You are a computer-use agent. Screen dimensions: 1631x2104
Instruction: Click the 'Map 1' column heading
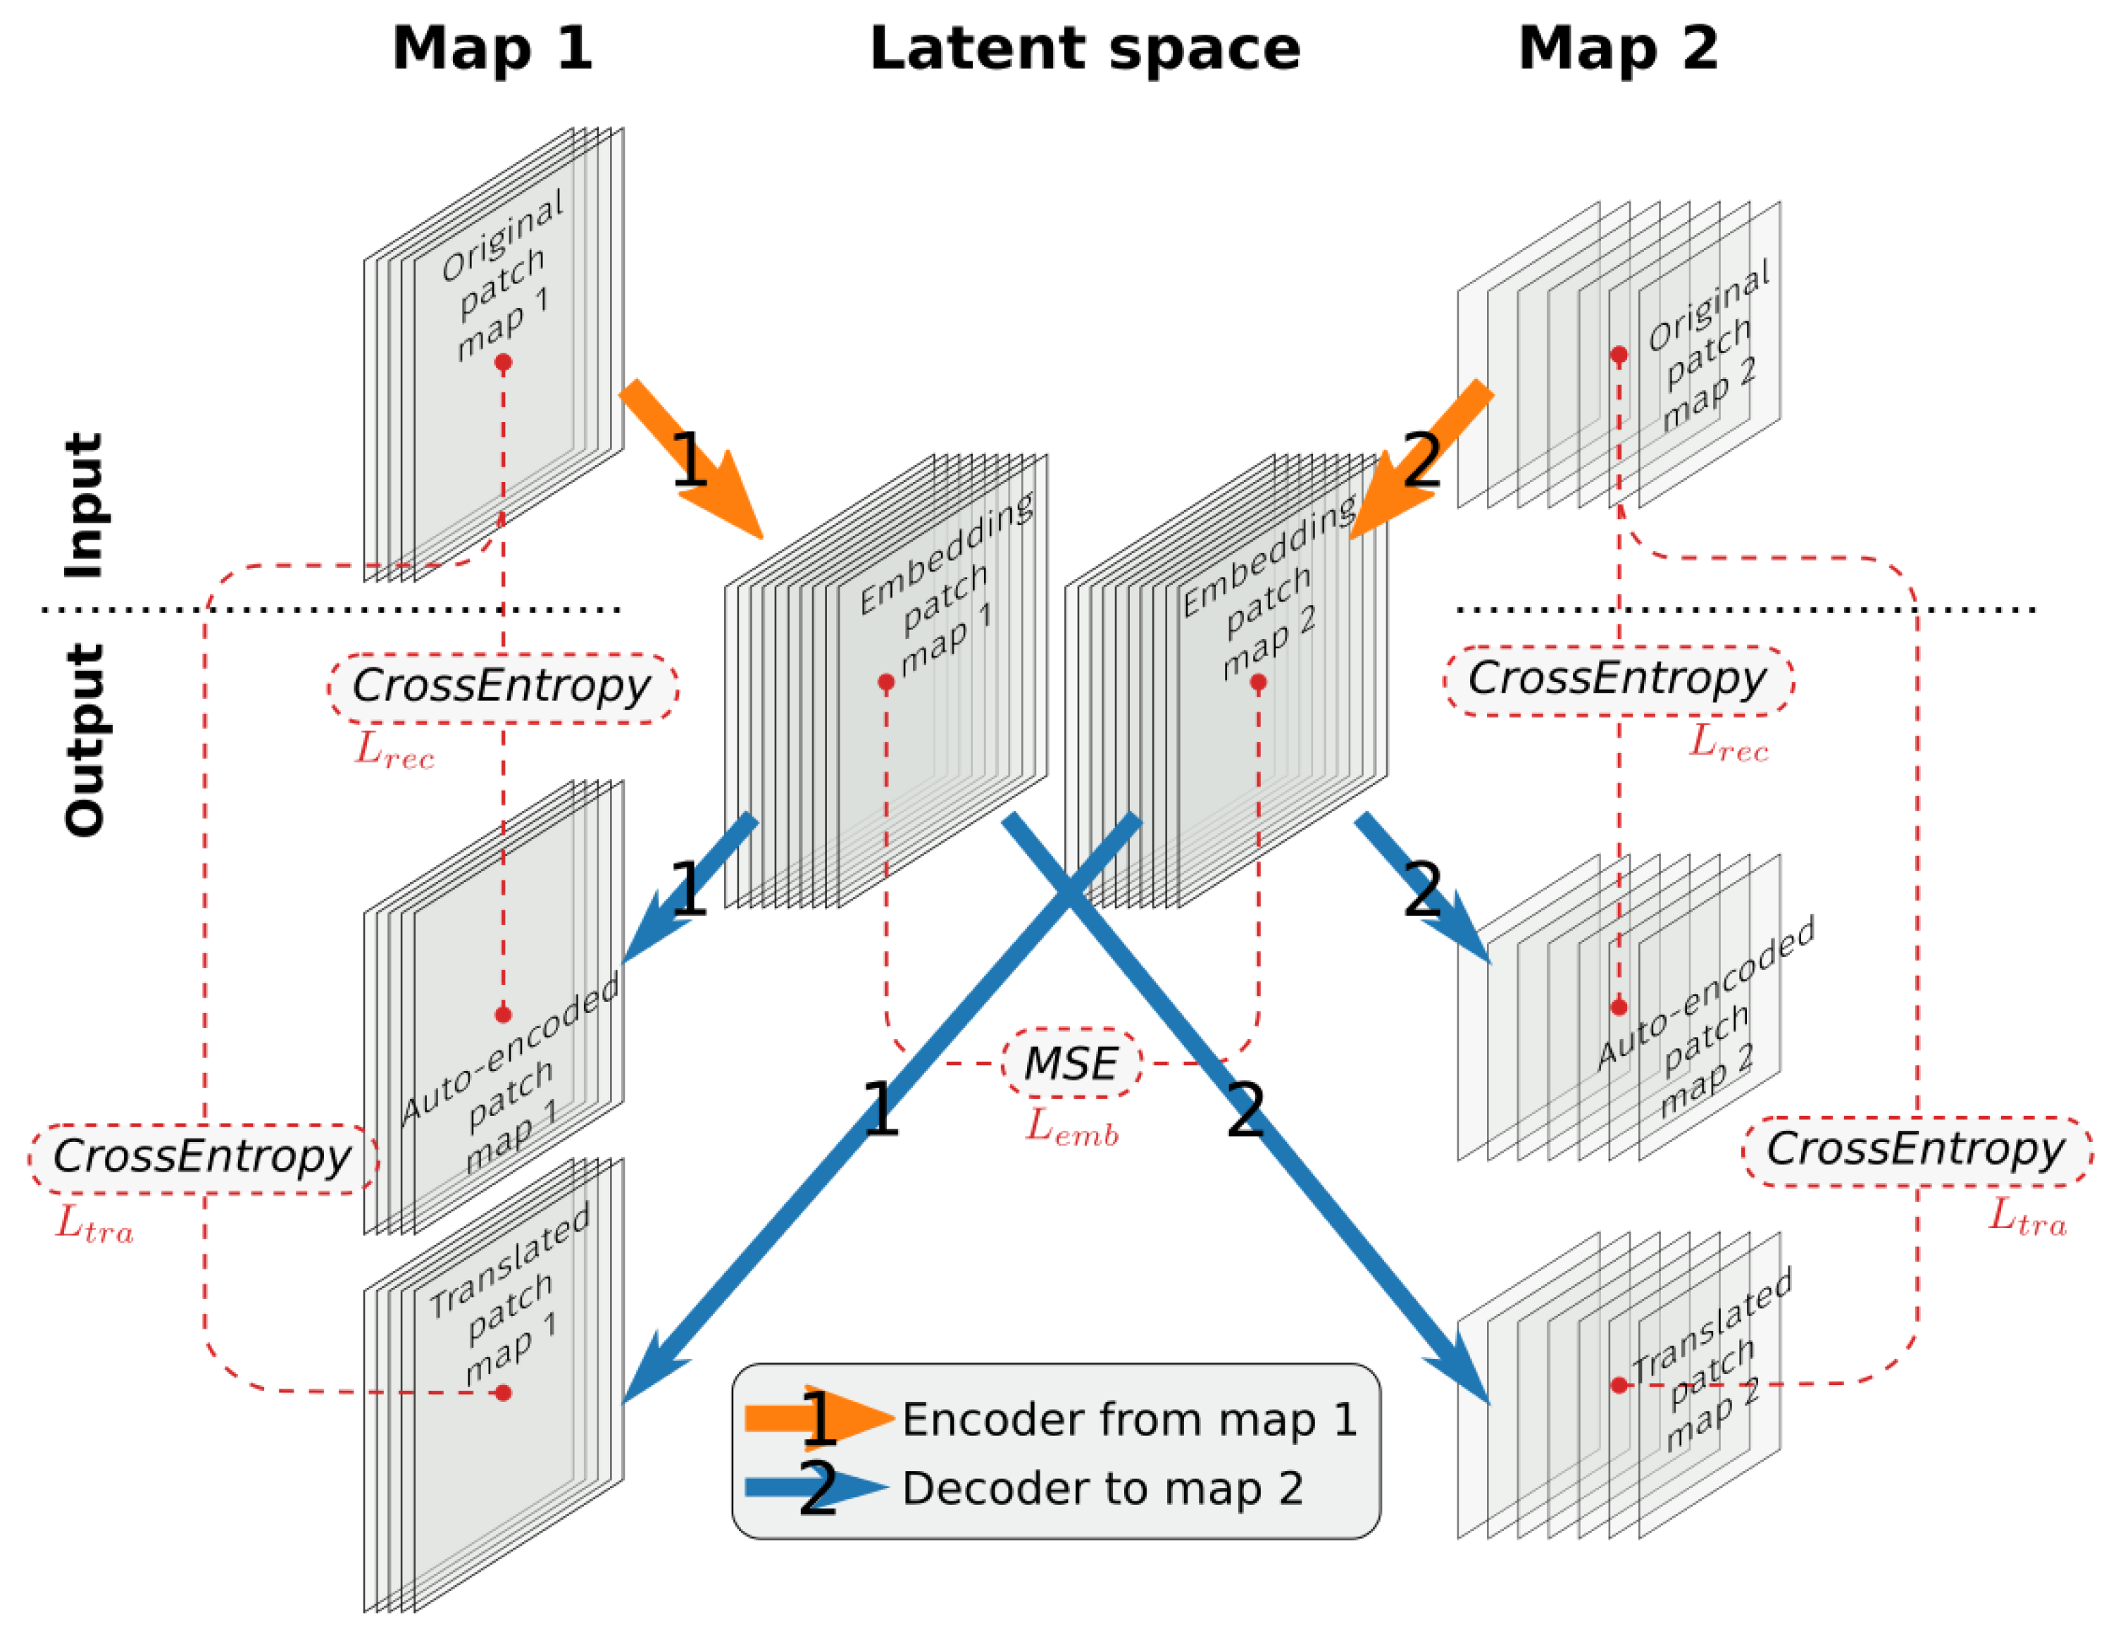tap(492, 48)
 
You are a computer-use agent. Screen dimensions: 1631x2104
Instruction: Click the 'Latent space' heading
tap(1085, 48)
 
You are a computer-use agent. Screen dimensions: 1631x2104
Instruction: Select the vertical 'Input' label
tap(84, 505)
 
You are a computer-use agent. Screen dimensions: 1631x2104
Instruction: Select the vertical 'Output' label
tap(84, 740)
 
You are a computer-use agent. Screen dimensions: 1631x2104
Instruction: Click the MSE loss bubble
tap(1071, 1064)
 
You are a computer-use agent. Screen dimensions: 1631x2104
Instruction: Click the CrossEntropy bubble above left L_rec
tap(502, 687)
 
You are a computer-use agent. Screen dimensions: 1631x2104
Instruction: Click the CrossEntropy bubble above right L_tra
tap(1915, 1149)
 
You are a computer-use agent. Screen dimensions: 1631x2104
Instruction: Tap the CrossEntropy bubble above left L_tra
tap(202, 1157)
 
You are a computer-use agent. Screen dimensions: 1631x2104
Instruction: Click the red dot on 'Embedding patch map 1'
tap(886, 682)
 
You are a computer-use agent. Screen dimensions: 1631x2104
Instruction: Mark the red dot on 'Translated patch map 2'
tap(1619, 1385)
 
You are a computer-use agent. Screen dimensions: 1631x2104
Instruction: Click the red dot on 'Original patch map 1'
tap(503, 362)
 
